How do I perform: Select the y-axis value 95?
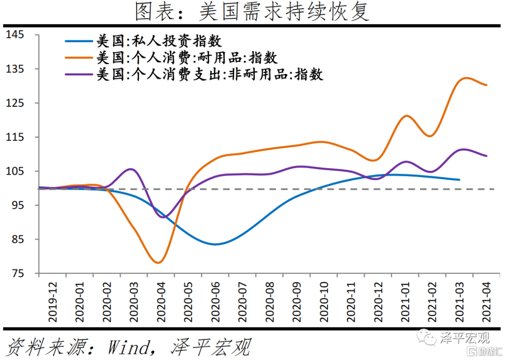[18, 206]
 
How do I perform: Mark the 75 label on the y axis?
[18, 274]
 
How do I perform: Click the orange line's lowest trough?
[158, 263]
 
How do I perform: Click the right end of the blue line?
[459, 180]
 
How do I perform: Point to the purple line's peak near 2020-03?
[131, 169]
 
